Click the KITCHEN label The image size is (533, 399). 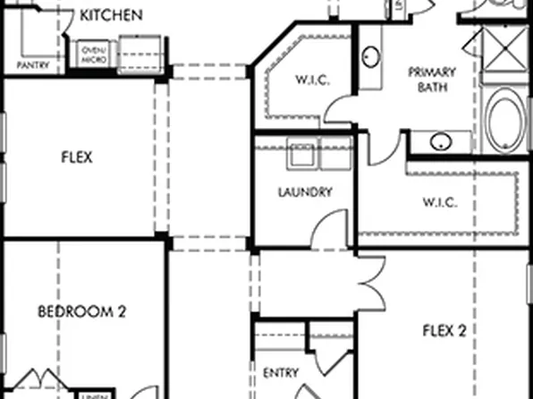coord(111,15)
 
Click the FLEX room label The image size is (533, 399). coord(78,157)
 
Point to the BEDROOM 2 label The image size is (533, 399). coord(81,311)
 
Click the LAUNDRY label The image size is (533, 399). coord(305,191)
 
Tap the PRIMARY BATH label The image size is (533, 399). coord(432,79)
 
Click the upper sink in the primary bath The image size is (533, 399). coord(370,59)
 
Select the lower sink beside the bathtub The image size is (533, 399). coord(438,141)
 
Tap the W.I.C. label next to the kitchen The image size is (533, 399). coord(312,81)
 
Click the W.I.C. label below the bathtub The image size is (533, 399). coord(440,202)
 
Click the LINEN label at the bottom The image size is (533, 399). coord(90,395)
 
